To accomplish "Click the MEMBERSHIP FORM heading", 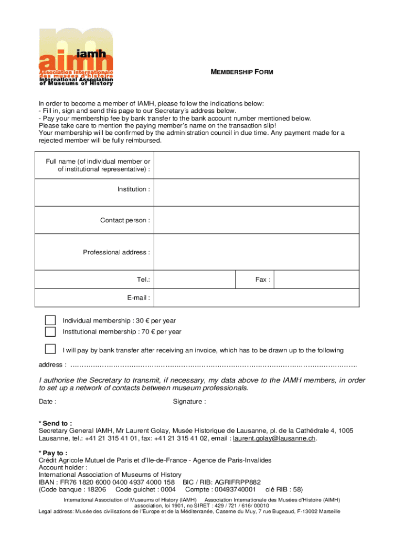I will pos(242,71).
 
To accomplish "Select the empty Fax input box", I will pos(317,280).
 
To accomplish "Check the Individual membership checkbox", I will pos(50,320).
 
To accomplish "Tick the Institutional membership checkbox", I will pos(50,331).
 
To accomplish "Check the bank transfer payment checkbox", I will pos(50,349).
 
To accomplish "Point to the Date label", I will pos(48,402).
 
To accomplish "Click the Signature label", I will pos(189,402).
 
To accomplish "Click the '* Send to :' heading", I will pos(56,423).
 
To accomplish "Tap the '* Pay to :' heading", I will pos(53,453).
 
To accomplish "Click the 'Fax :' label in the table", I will pos(263,280).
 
